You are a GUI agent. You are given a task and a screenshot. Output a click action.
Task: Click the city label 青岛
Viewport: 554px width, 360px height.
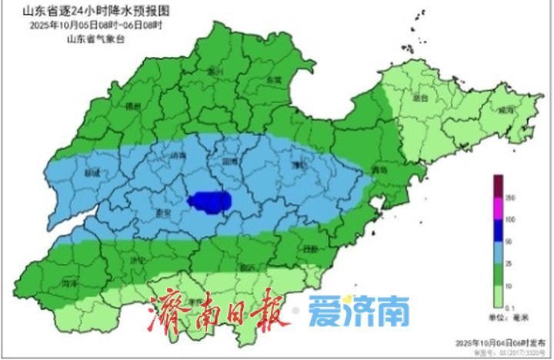point(378,170)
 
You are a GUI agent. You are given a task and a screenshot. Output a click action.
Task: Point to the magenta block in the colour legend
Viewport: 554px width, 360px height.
point(498,208)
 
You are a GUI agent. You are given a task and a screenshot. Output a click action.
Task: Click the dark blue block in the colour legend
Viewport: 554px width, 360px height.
point(498,230)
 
